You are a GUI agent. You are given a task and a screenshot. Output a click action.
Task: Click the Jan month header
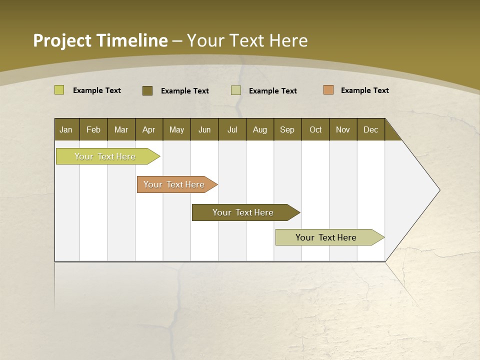click(x=66, y=129)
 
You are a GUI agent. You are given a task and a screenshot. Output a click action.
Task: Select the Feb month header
click(x=93, y=129)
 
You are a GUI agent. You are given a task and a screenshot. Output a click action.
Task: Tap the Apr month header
click(x=148, y=129)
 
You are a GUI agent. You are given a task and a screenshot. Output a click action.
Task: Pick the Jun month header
click(x=204, y=129)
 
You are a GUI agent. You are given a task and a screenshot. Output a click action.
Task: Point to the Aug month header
click(x=259, y=129)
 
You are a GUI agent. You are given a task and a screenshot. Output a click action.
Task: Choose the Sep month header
click(x=287, y=129)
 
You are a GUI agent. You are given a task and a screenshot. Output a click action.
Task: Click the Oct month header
click(x=315, y=129)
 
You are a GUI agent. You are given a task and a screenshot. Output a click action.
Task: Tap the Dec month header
click(x=370, y=129)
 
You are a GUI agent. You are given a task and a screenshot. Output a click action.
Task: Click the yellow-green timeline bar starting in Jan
click(x=105, y=156)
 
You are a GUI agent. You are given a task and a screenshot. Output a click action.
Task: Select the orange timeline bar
click(x=174, y=184)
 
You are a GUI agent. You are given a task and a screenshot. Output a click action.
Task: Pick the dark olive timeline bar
click(x=243, y=212)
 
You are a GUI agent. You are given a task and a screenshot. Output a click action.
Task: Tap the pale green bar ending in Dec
click(x=326, y=237)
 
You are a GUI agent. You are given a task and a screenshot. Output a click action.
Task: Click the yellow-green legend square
click(x=59, y=90)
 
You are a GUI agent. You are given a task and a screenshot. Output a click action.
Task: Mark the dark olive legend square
click(x=147, y=90)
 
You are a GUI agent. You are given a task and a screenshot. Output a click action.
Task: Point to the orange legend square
click(x=328, y=90)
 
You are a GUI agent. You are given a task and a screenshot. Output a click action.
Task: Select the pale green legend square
click(x=236, y=90)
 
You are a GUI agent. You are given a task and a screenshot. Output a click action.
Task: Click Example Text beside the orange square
click(x=364, y=90)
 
